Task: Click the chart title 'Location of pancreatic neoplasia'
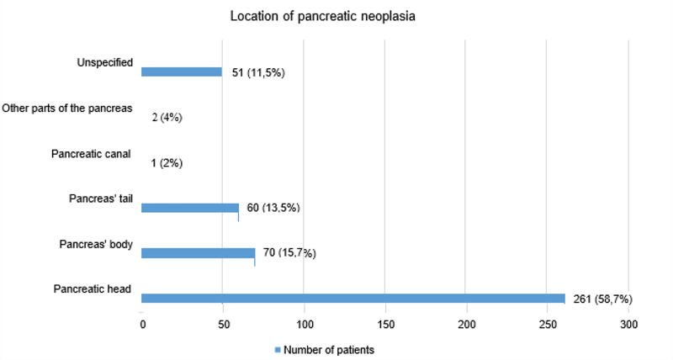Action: pos(323,16)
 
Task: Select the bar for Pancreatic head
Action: pos(353,299)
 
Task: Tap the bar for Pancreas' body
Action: pos(199,253)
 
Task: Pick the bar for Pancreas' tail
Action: pos(190,208)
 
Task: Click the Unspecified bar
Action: pos(182,71)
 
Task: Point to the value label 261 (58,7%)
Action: pos(602,299)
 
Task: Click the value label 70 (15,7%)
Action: pos(289,252)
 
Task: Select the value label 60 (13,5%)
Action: pos(273,208)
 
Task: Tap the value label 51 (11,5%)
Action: pos(258,72)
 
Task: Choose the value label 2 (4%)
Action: pos(167,117)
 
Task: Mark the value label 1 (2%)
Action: pos(167,163)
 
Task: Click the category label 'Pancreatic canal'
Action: pos(91,154)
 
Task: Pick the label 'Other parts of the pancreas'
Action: pos(67,109)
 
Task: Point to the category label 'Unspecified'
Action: pos(104,62)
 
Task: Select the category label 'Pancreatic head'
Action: pos(93,289)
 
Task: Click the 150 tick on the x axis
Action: pos(386,325)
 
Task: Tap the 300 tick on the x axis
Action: pos(628,325)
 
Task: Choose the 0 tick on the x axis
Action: pos(143,325)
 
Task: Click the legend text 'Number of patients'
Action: pos(329,350)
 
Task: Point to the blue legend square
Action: pos(278,350)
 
